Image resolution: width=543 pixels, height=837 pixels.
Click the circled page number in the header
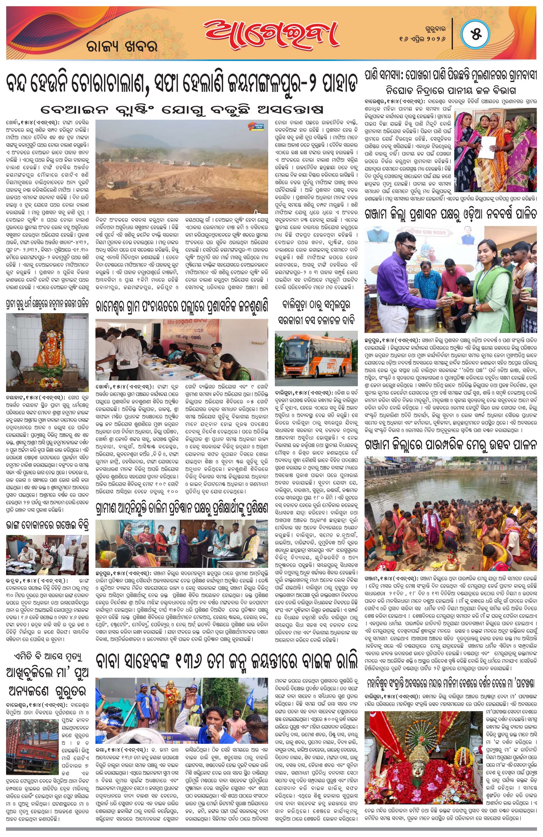tap(475, 35)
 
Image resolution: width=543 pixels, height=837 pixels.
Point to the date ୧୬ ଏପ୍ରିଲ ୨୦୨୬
tap(422, 39)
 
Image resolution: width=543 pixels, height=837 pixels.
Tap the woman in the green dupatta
tap(492, 278)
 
